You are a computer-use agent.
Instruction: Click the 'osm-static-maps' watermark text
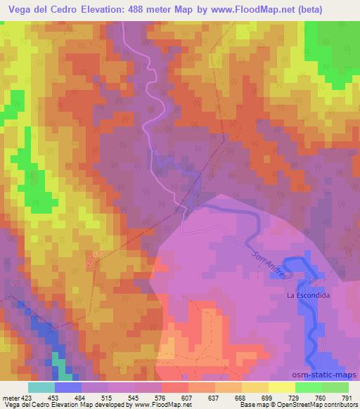pos(324,375)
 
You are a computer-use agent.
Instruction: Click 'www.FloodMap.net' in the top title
pos(247,10)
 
